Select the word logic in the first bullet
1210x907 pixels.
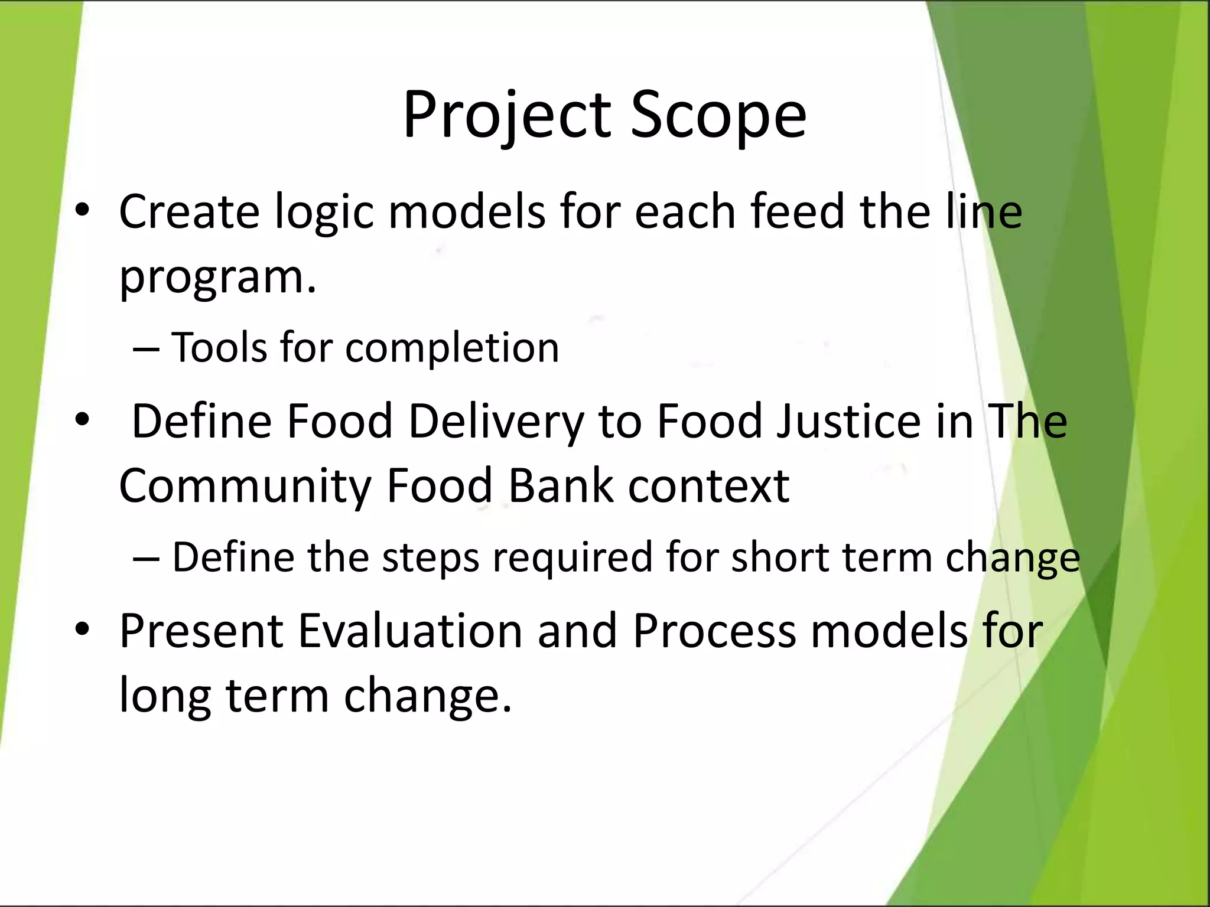click(324, 213)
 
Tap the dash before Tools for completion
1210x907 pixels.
click(146, 348)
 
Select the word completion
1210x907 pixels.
click(452, 348)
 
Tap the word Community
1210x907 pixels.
click(245, 487)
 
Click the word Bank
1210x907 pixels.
click(561, 485)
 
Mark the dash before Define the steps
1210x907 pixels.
click(146, 557)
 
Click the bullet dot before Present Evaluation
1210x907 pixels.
click(82, 629)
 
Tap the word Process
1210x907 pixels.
click(714, 631)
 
